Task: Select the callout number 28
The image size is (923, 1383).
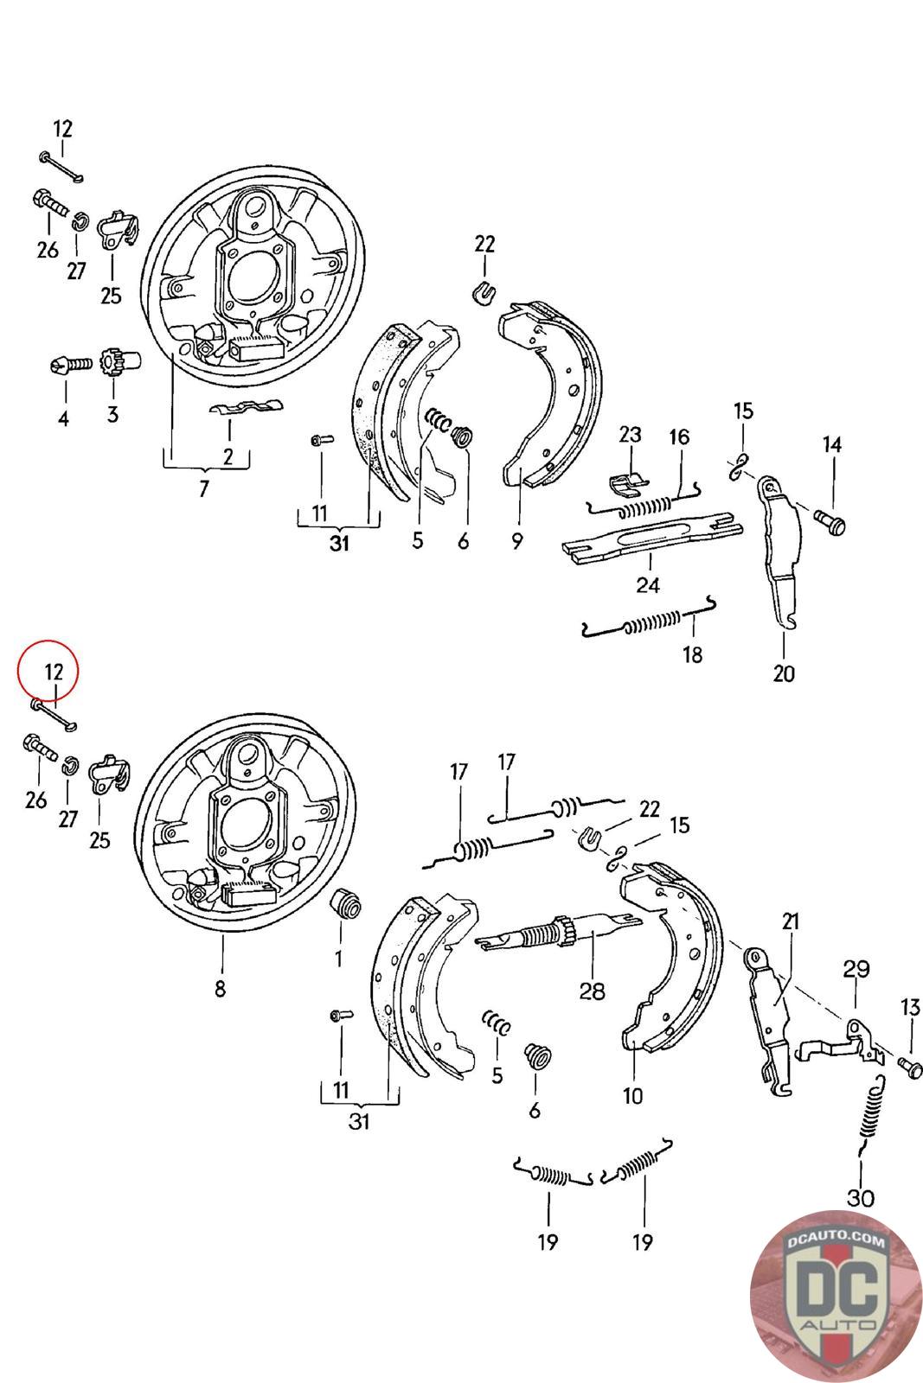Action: point(592,991)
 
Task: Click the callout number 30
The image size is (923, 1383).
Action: point(861,1197)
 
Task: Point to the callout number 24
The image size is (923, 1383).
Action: point(648,585)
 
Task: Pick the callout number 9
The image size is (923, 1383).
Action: point(516,541)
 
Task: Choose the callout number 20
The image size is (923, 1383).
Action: point(783,672)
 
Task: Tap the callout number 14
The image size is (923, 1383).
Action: point(831,445)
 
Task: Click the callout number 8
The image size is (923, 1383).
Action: point(220,988)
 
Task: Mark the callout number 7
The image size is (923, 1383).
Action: point(204,489)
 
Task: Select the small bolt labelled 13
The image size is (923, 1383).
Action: point(909,1065)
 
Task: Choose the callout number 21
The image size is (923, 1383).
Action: point(791,921)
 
